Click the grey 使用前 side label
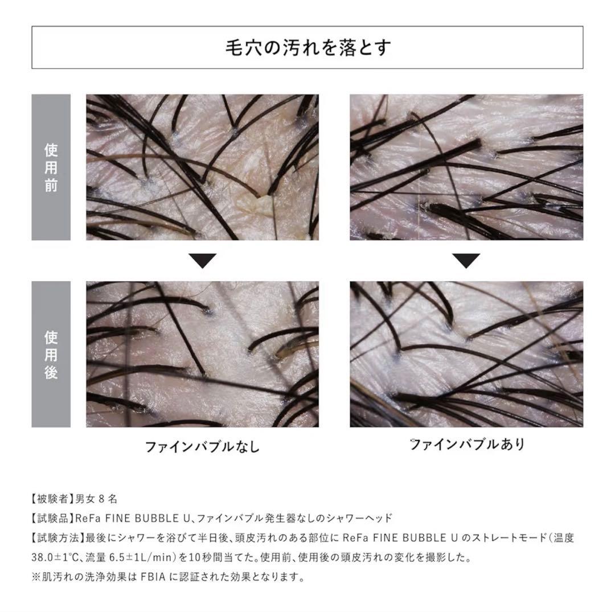coord(51,167)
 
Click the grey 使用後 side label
coord(51,354)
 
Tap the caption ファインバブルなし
coord(202,446)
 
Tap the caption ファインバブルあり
coord(467,444)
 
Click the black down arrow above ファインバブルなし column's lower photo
coord(202,261)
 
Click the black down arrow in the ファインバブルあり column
coord(466,261)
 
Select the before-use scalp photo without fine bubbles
coord(202,167)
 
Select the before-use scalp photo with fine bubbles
coord(466,167)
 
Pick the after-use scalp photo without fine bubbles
coord(202,354)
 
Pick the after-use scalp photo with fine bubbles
coord(466,354)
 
